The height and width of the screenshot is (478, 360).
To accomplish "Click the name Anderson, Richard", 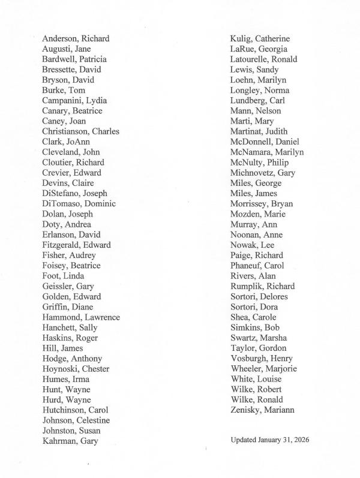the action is pyautogui.click(x=76, y=38).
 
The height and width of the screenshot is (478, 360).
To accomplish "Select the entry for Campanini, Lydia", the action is pyautogui.click(x=75, y=100).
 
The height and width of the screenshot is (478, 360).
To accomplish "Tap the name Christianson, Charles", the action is pyautogui.click(x=80, y=131).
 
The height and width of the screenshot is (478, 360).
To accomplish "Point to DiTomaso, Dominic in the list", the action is pyautogui.click(x=79, y=203).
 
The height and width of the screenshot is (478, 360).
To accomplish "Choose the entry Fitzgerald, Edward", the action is pyautogui.click(x=76, y=245).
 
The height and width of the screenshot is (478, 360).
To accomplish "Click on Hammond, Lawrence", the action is pyautogui.click(x=81, y=317).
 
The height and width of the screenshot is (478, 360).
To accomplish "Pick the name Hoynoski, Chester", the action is pyautogui.click(x=76, y=369).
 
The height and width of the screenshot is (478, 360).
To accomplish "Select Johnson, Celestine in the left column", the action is pyautogui.click(x=76, y=420).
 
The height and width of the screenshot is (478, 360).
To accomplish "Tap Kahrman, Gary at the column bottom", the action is pyautogui.click(x=70, y=441).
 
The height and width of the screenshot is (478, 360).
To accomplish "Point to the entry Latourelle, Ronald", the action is pyautogui.click(x=263, y=59).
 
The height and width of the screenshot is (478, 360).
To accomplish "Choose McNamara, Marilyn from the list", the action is pyautogui.click(x=267, y=152).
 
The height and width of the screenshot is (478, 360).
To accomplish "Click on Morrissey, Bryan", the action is pyautogui.click(x=262, y=203).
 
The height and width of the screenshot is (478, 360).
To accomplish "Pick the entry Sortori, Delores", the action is pyautogui.click(x=259, y=296).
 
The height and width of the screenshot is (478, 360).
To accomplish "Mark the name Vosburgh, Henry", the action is pyautogui.click(x=260, y=359).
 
